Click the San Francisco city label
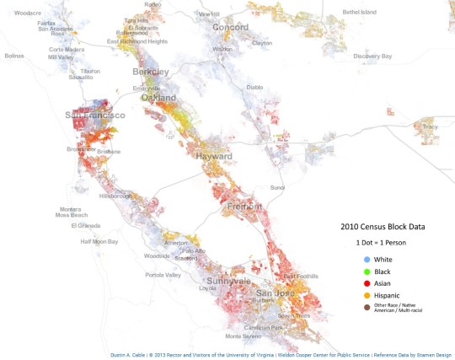click(x=95, y=115)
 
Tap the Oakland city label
click(x=158, y=97)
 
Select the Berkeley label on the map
click(x=151, y=73)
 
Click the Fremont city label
click(x=244, y=206)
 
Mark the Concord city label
click(x=230, y=27)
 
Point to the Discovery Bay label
click(x=372, y=56)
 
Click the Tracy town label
click(x=430, y=126)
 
